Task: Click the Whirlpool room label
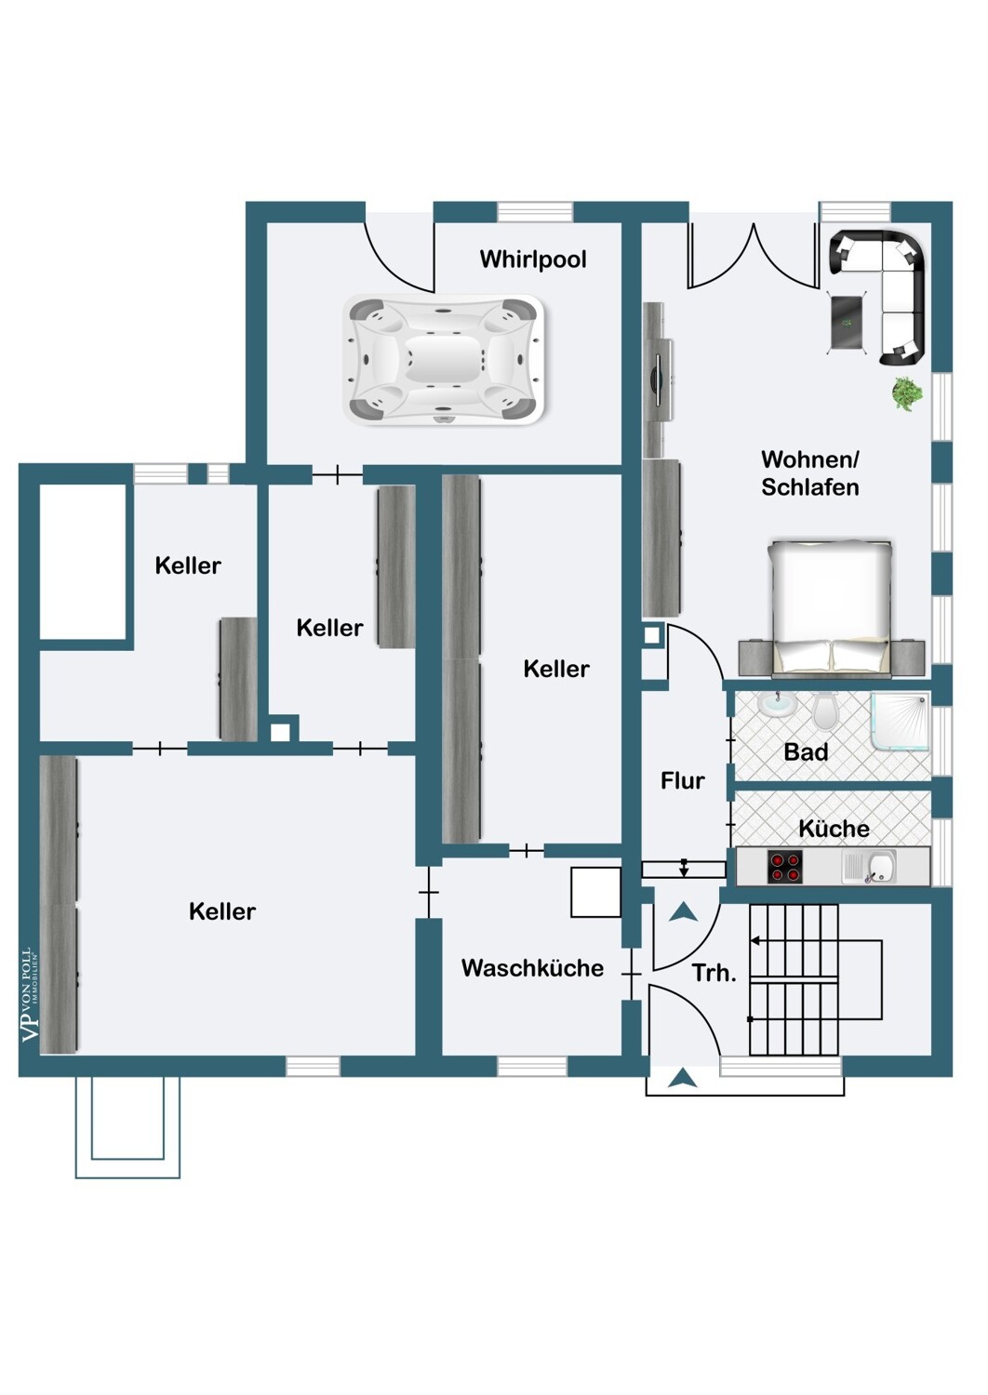pos(533,259)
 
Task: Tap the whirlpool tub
pos(444,360)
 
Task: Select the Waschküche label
pos(533,967)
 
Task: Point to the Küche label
pos(834,829)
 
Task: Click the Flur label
pos(683,780)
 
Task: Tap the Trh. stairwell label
pos(714,974)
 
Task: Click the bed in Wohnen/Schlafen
pos(832,608)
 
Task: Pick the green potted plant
pos(906,393)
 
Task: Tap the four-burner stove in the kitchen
pos(785,866)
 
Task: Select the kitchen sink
pos(869,866)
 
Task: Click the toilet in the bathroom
pos(823,711)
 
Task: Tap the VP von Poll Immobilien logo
pos(29,995)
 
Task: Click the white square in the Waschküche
pos(595,892)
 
